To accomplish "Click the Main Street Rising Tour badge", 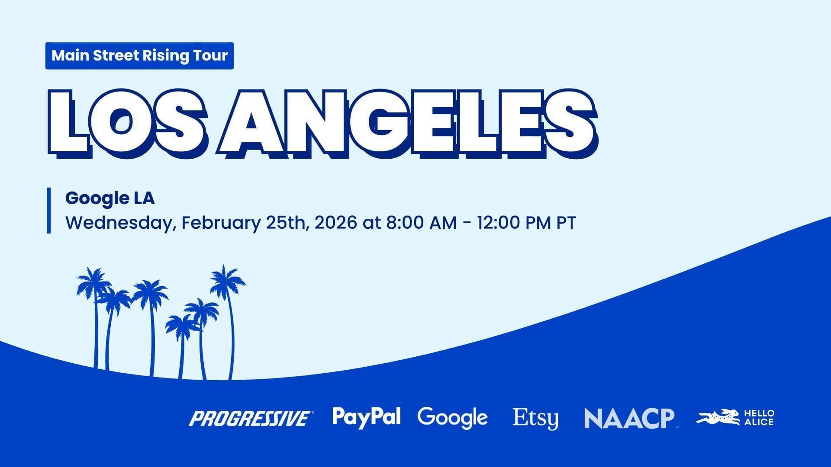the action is pyautogui.click(x=139, y=56).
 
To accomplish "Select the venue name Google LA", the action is pyautogui.click(x=110, y=198).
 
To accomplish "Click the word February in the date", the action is pyautogui.click(x=221, y=224).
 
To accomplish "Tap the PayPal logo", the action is pyautogui.click(x=367, y=417).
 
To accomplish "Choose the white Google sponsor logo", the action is pyautogui.click(x=453, y=418).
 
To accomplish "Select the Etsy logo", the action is pyautogui.click(x=535, y=419).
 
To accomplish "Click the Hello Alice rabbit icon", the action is pyautogui.click(x=719, y=418).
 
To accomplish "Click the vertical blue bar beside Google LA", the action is pyautogui.click(x=49, y=211).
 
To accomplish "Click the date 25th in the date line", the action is pyautogui.click(x=287, y=223).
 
